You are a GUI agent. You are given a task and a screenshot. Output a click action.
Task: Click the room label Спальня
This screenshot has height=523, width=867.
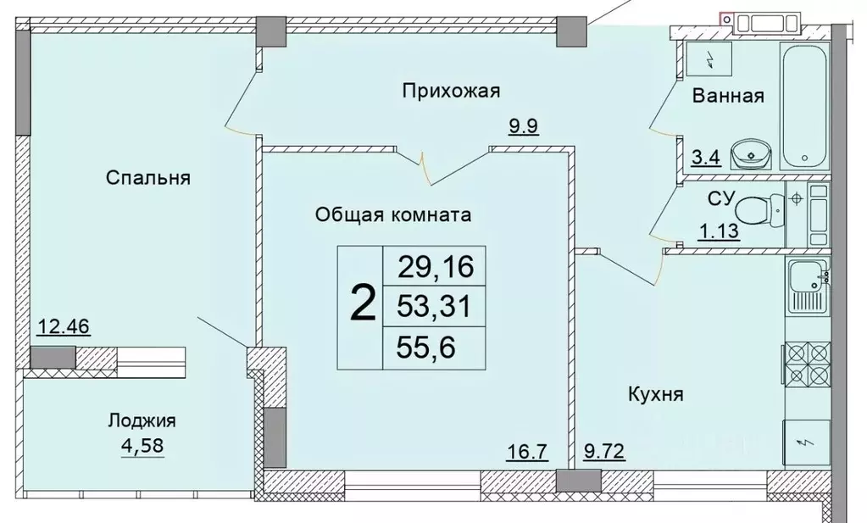tap(147, 178)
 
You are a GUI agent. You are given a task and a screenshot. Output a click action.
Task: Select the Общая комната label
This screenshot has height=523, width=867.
tap(392, 214)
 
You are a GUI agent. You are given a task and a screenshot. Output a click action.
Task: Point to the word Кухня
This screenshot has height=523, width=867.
tap(655, 393)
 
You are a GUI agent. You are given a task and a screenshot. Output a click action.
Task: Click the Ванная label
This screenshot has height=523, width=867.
tap(728, 96)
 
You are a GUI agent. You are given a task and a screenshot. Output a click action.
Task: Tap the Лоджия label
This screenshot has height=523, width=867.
tap(142, 420)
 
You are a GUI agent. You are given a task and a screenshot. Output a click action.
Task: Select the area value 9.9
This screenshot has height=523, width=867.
tap(524, 127)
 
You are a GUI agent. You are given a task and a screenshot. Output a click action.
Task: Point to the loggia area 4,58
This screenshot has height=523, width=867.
tap(142, 443)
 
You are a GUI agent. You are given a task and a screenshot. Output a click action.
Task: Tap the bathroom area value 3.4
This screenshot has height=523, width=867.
tap(706, 158)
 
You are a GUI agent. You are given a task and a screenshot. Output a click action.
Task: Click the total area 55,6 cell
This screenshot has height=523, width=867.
tap(434, 348)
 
